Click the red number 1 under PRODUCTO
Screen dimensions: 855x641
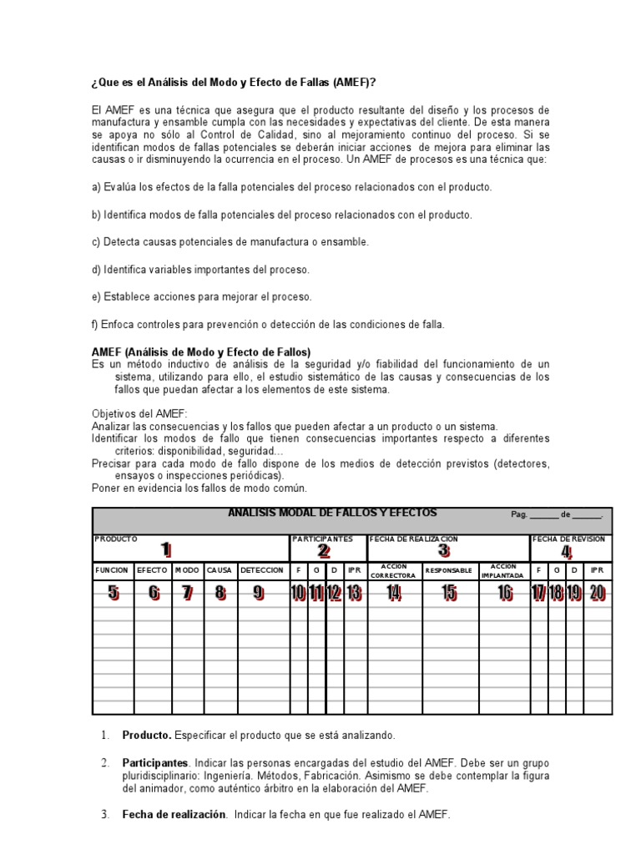(166, 549)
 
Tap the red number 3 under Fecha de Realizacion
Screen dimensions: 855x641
(444, 550)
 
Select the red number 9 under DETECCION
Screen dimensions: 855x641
(259, 593)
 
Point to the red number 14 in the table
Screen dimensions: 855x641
(393, 593)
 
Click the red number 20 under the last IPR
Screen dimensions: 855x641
(597, 593)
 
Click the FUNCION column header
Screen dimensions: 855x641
(112, 570)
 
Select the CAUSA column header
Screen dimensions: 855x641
(220, 570)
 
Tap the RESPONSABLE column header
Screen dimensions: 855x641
(449, 570)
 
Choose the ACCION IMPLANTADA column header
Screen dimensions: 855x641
(503, 570)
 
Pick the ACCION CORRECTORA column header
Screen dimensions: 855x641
(392, 570)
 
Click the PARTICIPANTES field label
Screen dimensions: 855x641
(323, 539)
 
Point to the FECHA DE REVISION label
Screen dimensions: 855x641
(569, 539)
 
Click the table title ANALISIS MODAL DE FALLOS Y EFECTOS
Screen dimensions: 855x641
(332, 513)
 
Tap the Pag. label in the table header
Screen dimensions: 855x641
(519, 515)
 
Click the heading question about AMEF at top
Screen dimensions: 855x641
(233, 83)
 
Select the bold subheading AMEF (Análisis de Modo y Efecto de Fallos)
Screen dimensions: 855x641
(200, 352)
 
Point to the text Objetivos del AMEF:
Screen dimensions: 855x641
(139, 414)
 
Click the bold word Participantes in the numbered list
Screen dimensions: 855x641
(155, 763)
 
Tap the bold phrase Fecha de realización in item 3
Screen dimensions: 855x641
(174, 814)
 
